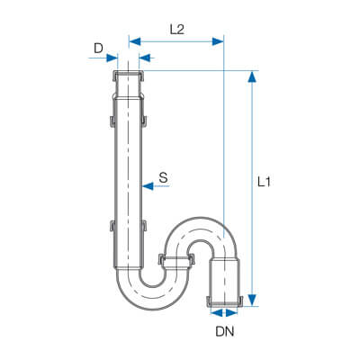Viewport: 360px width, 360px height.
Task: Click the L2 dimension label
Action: tap(177, 30)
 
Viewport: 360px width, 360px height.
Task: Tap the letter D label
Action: tap(98, 49)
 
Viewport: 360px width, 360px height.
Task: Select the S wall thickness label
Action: tap(163, 178)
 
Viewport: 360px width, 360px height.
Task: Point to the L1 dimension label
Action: tap(264, 182)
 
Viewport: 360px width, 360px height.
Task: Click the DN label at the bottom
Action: tap(225, 331)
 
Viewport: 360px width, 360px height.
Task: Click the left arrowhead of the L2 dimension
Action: tap(135, 41)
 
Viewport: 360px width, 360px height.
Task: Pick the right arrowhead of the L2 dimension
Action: tap(218, 41)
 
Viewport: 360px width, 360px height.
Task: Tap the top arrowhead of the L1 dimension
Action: tap(253, 76)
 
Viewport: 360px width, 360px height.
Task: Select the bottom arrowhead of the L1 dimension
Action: tap(253, 300)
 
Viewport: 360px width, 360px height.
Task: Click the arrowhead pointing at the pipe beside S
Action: tap(148, 186)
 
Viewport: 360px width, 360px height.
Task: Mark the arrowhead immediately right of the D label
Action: tap(112, 58)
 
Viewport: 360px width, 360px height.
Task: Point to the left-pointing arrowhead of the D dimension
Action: tap(145, 58)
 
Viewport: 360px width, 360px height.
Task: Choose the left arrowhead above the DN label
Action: tap(217, 313)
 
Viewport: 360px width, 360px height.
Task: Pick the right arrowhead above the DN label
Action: tap(231, 313)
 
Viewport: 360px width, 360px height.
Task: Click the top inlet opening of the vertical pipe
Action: tap(128, 73)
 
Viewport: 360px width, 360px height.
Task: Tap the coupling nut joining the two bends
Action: tap(176, 259)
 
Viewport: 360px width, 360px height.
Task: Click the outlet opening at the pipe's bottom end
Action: tap(224, 304)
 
